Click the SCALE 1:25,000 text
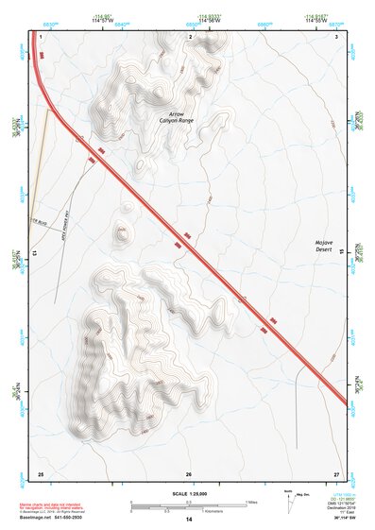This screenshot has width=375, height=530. (190, 493)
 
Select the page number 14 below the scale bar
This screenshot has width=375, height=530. (189, 520)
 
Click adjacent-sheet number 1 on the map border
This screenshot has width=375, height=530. (42, 36)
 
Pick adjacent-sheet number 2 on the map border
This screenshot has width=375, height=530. (191, 36)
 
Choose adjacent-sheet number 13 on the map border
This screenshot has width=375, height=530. (34, 253)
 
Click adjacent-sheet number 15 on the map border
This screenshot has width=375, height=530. (343, 253)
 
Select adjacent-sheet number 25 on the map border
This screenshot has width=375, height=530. (41, 472)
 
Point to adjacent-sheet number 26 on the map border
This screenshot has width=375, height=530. (189, 472)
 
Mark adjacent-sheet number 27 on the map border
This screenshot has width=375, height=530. (335, 472)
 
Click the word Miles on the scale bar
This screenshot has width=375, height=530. (252, 501)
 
